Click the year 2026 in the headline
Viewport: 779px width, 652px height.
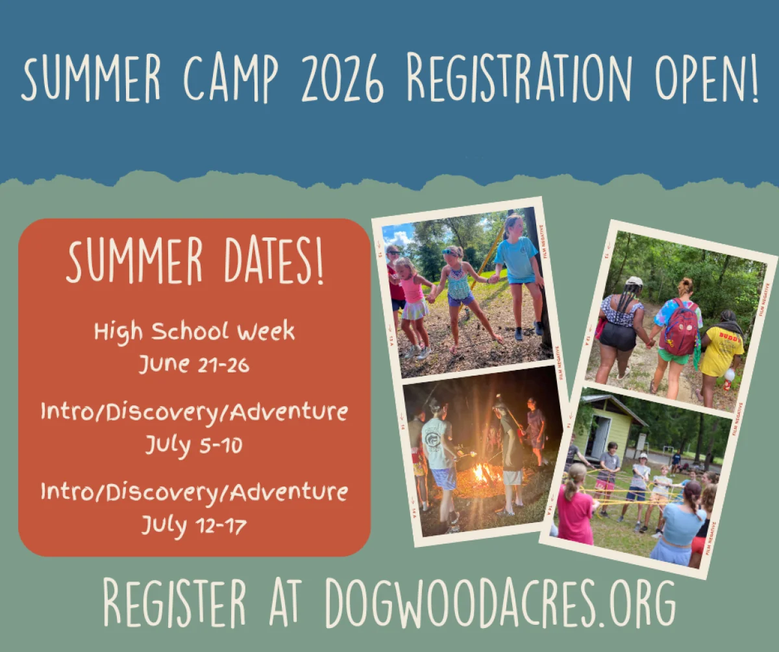coord(342,77)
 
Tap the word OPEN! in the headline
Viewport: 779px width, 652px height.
coord(707,77)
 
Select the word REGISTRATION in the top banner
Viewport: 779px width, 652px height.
coord(519,77)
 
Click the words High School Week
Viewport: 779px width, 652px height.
coord(194,332)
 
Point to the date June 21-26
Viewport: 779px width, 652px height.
coord(194,364)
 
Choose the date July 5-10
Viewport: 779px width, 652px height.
coord(194,445)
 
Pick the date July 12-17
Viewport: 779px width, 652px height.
coord(194,525)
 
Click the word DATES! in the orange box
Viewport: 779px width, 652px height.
coord(274,261)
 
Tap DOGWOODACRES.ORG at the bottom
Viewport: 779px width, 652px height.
coord(500,603)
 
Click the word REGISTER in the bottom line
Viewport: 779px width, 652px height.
coord(175,603)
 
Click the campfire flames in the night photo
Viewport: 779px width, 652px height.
coord(482,474)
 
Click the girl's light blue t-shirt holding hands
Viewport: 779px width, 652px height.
coord(518,260)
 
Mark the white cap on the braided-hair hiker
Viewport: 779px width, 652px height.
coord(634,280)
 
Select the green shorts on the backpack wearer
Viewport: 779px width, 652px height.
coord(673,357)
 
